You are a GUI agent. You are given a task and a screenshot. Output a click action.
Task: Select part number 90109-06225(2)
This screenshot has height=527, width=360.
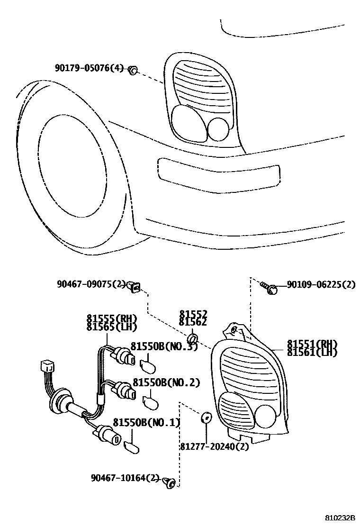(x=321, y=284)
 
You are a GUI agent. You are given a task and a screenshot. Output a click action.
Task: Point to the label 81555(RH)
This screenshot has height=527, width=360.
(x=111, y=318)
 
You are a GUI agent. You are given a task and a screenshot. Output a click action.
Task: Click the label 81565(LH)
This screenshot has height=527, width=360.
(x=111, y=327)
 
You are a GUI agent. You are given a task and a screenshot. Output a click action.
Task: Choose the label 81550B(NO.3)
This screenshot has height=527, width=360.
(x=164, y=346)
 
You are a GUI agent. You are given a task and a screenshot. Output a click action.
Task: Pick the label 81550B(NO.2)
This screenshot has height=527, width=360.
(x=166, y=382)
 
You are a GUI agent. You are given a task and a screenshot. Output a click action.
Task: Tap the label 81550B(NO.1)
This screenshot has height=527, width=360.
(x=146, y=422)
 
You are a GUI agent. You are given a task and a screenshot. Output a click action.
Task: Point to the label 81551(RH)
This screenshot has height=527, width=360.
(x=312, y=344)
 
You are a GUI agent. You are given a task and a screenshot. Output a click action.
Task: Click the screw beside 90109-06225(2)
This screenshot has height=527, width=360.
(x=269, y=287)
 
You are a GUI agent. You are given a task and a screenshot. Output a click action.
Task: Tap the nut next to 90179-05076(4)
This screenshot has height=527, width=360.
(x=133, y=71)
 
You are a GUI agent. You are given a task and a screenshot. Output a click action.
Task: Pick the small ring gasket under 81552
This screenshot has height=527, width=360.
(x=193, y=339)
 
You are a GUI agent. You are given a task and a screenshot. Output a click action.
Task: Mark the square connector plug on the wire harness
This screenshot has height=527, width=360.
(x=46, y=367)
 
